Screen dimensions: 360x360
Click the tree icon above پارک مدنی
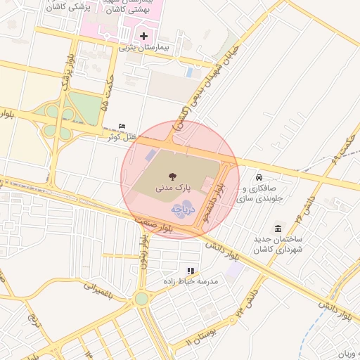point(172,176)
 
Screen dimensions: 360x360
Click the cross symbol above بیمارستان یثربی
point(144,35)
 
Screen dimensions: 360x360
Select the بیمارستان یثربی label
point(144,47)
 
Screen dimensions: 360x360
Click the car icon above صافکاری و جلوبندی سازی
point(260,177)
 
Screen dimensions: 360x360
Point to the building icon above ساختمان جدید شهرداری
point(278,229)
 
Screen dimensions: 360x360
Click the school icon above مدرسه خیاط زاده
point(190,271)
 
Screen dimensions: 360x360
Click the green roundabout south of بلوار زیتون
point(142,299)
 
